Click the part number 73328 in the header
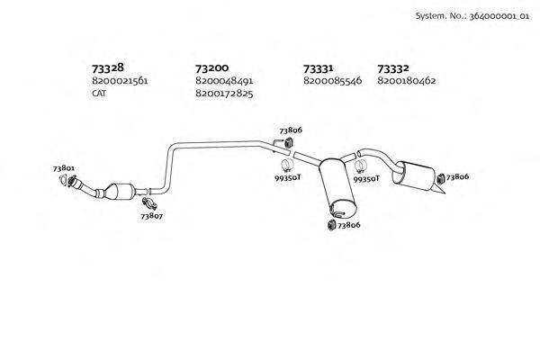point(107,68)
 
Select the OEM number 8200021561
point(119,81)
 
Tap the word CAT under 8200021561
point(99,94)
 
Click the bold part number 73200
point(211,68)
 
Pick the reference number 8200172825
point(223,94)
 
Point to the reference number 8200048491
point(223,81)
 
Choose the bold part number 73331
point(319,68)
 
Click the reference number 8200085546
point(332,81)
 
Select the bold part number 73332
point(393,68)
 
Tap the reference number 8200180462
point(407,81)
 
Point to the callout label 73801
point(63,168)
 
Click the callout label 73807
point(151,216)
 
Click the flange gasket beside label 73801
point(66,182)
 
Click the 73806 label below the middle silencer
point(348,225)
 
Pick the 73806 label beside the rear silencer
point(456,176)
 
